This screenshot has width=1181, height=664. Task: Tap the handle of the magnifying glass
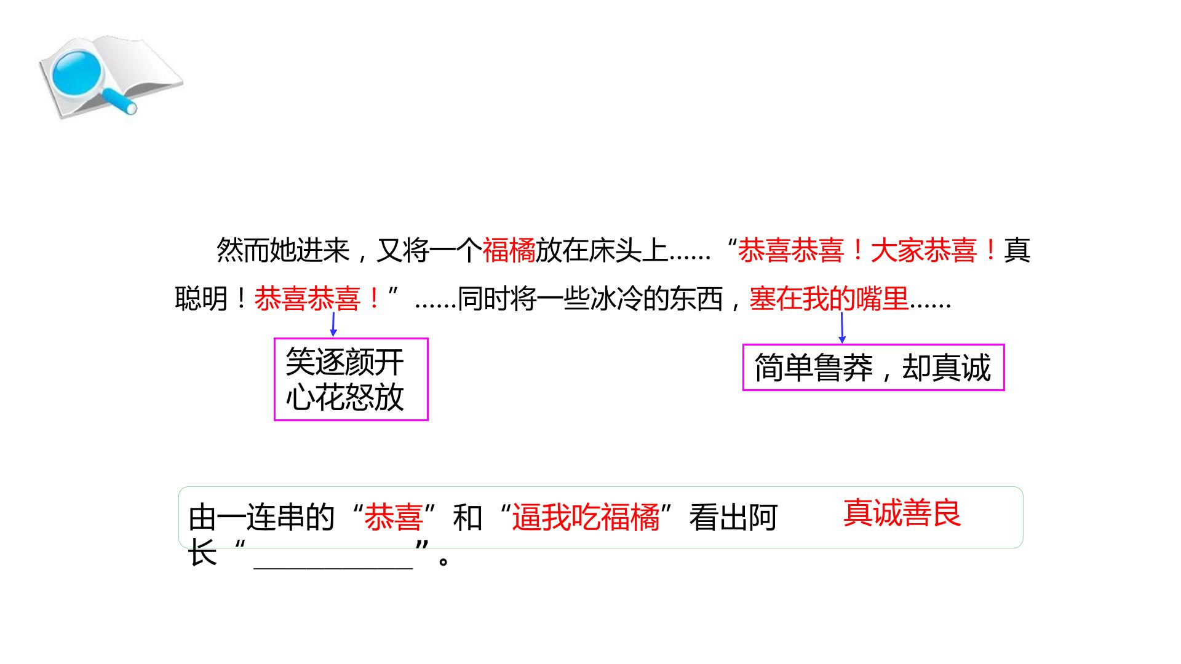[121, 102]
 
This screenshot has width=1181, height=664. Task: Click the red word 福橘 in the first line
[509, 250]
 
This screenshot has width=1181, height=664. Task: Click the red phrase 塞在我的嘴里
[829, 299]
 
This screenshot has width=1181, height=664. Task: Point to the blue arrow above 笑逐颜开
[333, 324]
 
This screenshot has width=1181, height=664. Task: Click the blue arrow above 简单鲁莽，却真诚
[842, 328]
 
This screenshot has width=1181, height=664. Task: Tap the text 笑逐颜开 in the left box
[344, 363]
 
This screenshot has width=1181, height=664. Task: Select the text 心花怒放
[344, 397]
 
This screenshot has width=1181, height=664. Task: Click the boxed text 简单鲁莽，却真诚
[873, 368]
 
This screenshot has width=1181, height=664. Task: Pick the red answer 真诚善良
[902, 513]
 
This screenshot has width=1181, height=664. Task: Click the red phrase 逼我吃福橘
[586, 518]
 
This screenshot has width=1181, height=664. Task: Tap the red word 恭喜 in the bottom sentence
[394, 518]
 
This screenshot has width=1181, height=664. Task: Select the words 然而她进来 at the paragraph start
[283, 250]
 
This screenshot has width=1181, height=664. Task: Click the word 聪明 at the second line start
[202, 299]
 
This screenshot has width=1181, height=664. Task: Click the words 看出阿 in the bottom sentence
[733, 518]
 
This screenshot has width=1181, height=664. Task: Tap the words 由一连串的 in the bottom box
[261, 518]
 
